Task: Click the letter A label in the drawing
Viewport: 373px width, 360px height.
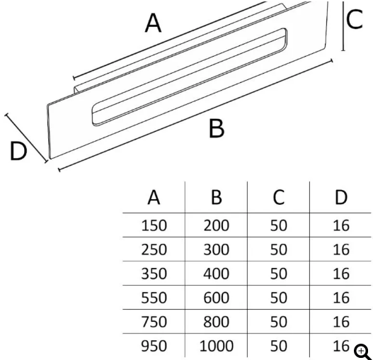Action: pyautogui.click(x=153, y=23)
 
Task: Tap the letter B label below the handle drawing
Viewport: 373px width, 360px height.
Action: pyautogui.click(x=217, y=129)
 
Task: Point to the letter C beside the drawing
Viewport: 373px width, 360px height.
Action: pyautogui.click(x=355, y=19)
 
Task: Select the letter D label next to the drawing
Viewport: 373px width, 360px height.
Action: pyautogui.click(x=18, y=151)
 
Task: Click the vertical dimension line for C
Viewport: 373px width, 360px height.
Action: pyautogui.click(x=343, y=26)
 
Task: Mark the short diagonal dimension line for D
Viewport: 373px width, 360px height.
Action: pyautogui.click(x=26, y=138)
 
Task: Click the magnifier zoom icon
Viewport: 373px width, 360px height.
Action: pyautogui.click(x=362, y=352)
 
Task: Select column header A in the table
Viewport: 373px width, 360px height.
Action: pyautogui.click(x=154, y=198)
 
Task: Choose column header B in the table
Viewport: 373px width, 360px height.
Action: pyautogui.click(x=217, y=198)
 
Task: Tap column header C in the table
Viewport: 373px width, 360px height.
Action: pyautogui.click(x=279, y=198)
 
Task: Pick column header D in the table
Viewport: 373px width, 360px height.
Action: pyautogui.click(x=341, y=198)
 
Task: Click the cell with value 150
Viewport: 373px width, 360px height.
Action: pyautogui.click(x=154, y=225)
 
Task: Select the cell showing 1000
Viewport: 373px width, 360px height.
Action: pyautogui.click(x=217, y=346)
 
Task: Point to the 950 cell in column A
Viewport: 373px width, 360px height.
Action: pyautogui.click(x=154, y=346)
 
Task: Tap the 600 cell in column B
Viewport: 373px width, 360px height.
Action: pyautogui.click(x=217, y=298)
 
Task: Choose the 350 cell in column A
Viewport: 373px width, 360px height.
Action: pyautogui.click(x=154, y=274)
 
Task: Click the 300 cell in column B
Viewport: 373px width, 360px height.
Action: pyautogui.click(x=217, y=249)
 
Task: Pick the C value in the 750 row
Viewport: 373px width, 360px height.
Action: pyautogui.click(x=279, y=322)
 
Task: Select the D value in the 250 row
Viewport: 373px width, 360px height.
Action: pyautogui.click(x=341, y=249)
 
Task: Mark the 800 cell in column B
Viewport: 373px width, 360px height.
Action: pyautogui.click(x=217, y=322)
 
